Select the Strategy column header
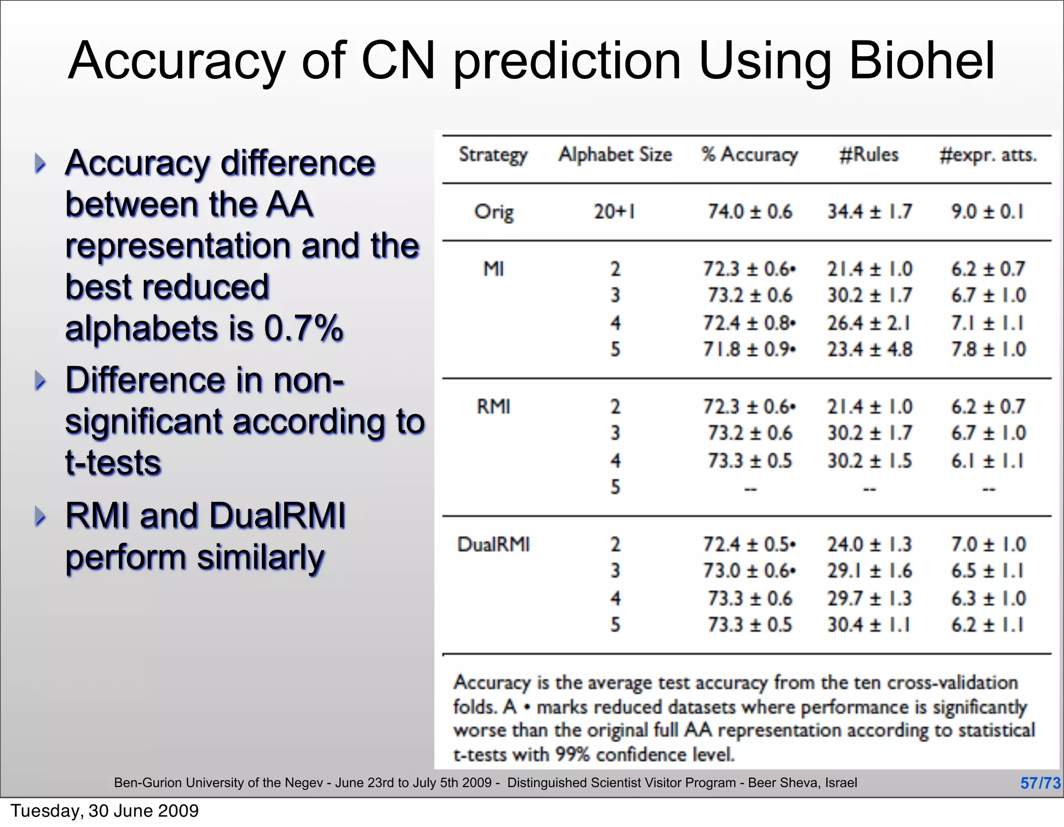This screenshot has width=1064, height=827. (493, 155)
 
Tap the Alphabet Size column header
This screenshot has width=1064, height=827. (615, 155)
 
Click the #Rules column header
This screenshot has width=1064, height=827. (869, 155)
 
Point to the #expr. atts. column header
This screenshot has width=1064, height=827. (988, 155)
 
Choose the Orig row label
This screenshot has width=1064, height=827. (494, 212)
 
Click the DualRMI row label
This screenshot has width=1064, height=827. (494, 545)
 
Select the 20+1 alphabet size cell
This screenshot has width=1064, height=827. (615, 212)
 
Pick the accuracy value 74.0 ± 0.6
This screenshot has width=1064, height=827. (750, 212)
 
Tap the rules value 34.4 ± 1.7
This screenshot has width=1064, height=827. (870, 212)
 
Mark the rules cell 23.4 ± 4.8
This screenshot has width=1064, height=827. (870, 349)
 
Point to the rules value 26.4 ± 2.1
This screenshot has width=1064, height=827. (869, 323)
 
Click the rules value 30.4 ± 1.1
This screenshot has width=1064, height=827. (869, 625)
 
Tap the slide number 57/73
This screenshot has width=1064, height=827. (1040, 783)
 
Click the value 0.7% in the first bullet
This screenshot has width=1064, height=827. (303, 328)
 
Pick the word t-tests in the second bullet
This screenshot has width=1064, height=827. (113, 462)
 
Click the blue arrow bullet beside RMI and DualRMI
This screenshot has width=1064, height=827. (40, 516)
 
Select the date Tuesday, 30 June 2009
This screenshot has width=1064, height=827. (105, 811)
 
